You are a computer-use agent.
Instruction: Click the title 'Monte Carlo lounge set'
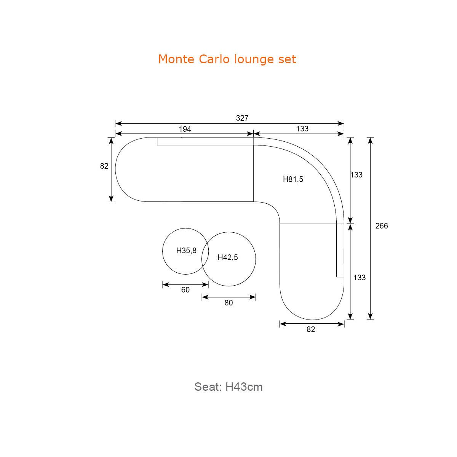pyautogui.click(x=227, y=59)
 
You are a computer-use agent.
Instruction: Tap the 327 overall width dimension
pyautogui.click(x=242, y=118)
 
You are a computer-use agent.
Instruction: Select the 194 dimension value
pyautogui.click(x=185, y=129)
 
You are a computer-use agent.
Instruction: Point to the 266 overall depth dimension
pyautogui.click(x=381, y=226)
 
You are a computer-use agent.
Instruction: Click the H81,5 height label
pyautogui.click(x=293, y=179)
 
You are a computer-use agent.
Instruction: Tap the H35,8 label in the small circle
pyautogui.click(x=186, y=251)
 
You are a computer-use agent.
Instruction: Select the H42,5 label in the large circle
pyautogui.click(x=228, y=257)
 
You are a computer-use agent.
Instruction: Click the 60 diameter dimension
pyautogui.click(x=185, y=290)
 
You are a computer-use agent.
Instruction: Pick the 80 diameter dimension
pyautogui.click(x=228, y=303)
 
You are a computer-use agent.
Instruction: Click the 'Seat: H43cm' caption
pyautogui.click(x=228, y=387)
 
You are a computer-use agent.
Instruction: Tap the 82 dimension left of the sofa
pyautogui.click(x=104, y=166)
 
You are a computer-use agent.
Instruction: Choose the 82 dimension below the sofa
pyautogui.click(x=311, y=329)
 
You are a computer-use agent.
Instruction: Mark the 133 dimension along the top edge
pyautogui.click(x=302, y=129)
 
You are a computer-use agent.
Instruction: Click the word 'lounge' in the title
pyautogui.click(x=254, y=59)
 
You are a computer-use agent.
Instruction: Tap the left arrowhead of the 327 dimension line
pyautogui.click(x=118, y=123)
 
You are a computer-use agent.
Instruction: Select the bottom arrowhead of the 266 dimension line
pyautogui.click(x=370, y=316)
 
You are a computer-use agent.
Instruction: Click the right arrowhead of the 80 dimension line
pyautogui.click(x=252, y=297)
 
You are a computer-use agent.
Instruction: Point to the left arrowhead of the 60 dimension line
pyautogui.click(x=166, y=284)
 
